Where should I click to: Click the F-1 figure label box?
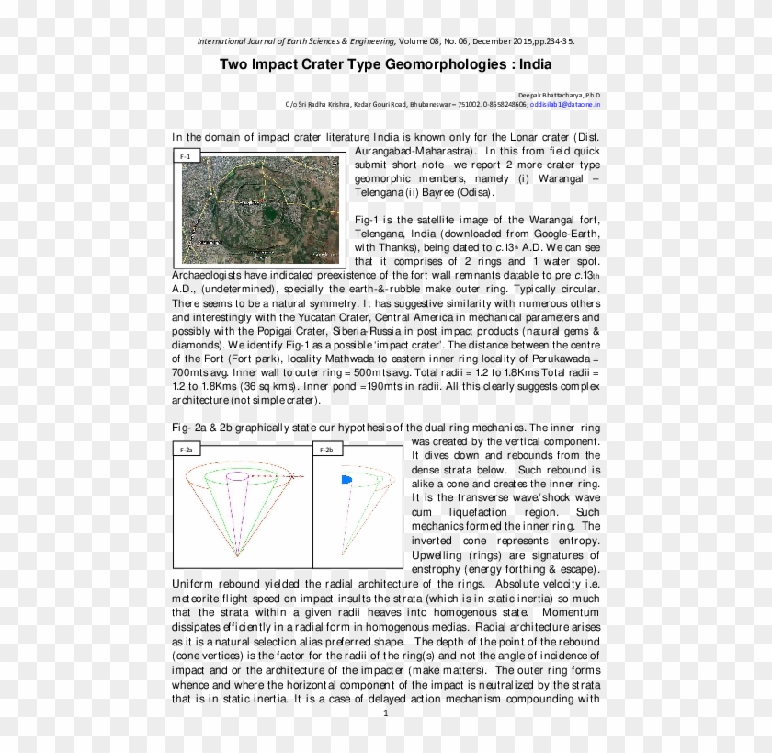pos(185,157)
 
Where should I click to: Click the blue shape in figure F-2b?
pos(347,481)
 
